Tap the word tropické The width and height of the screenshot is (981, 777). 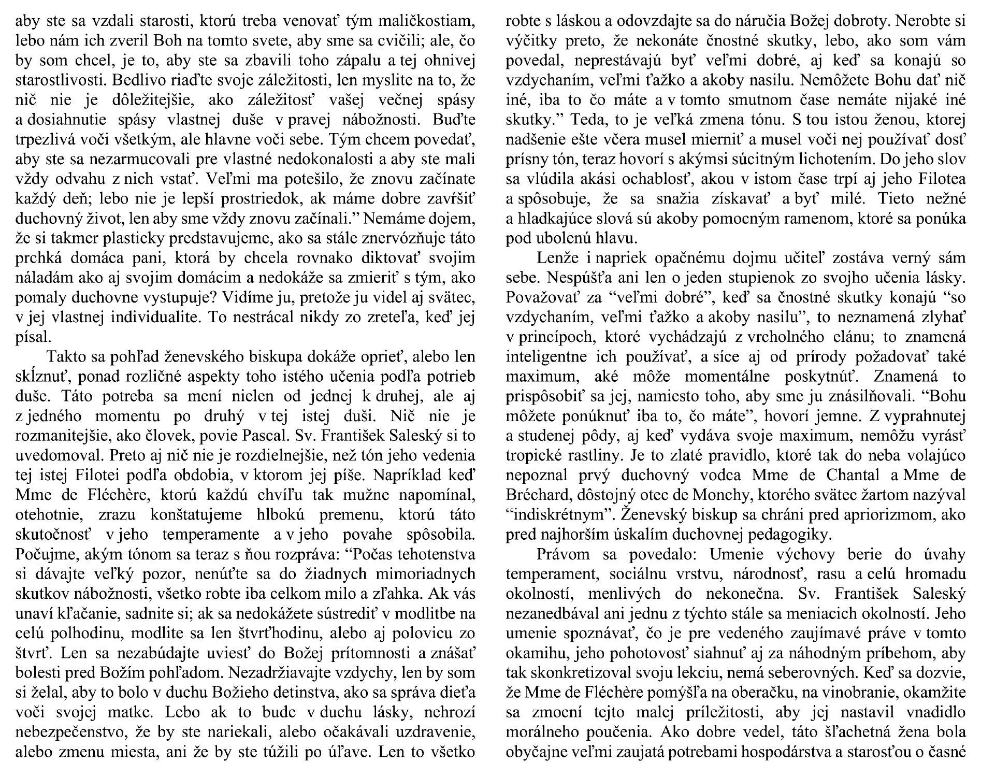[x=536, y=455]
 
